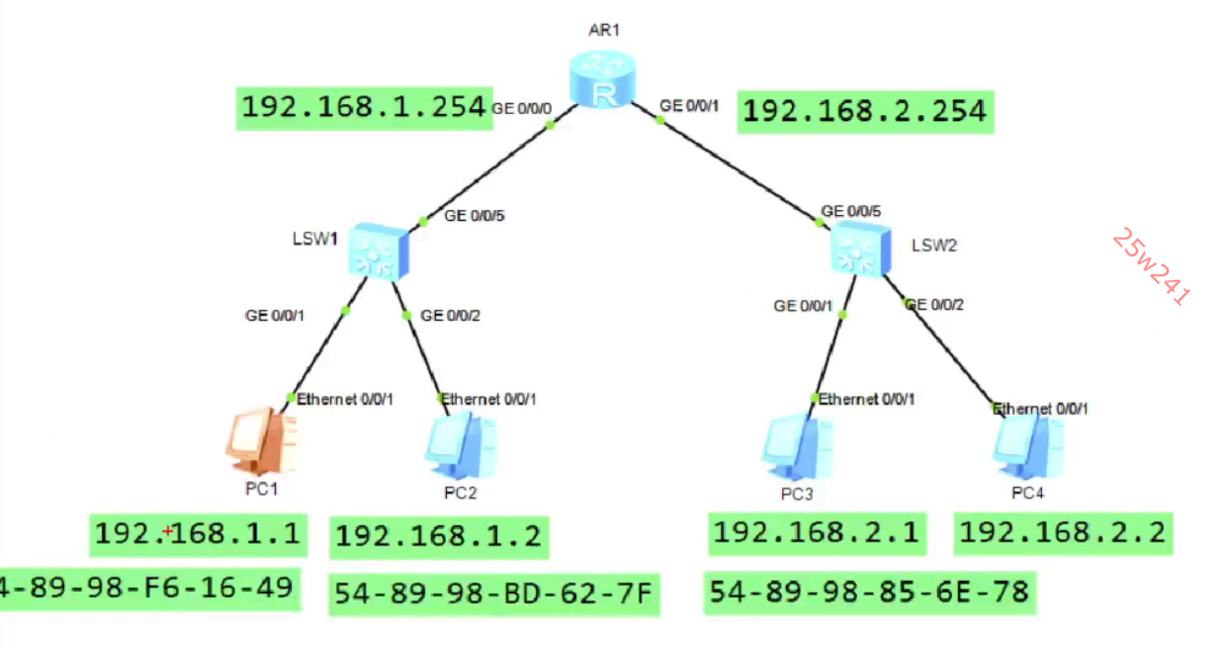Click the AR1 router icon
pos(603,79)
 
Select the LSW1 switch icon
pos(378,250)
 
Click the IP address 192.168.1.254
pos(363,107)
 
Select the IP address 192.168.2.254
pos(865,111)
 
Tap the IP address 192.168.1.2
pos(439,537)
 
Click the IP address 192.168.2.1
pos(816,532)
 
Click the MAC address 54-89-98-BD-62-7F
pos(493,593)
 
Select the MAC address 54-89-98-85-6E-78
pos(869,592)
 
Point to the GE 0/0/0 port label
pos(522,108)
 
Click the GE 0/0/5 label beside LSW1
pos(474,216)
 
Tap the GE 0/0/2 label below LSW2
pos(935,305)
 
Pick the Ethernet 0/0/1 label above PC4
pos(1041,409)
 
